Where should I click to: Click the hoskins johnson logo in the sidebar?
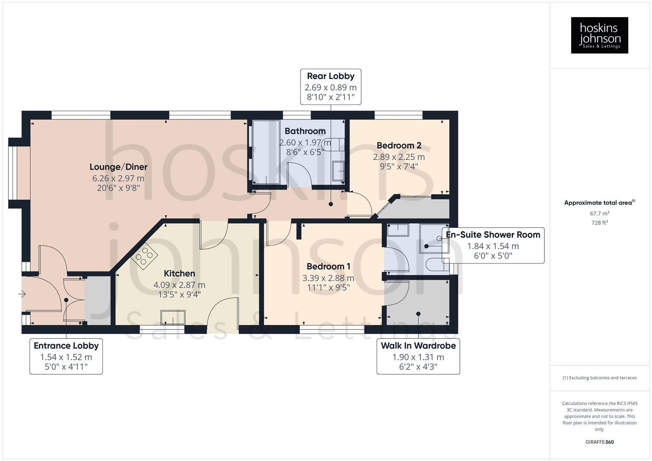pyautogui.click(x=599, y=35)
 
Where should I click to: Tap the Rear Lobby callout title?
pyautogui.click(x=330, y=76)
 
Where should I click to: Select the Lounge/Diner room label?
pyautogui.click(x=118, y=167)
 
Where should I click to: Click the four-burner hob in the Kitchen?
pyautogui.click(x=144, y=255)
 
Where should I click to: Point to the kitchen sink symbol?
pyautogui.click(x=173, y=318)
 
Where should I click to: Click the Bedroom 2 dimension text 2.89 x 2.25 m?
pyautogui.click(x=399, y=157)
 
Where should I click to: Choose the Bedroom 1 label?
pyautogui.click(x=328, y=266)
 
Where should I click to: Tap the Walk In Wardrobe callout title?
pyautogui.click(x=418, y=346)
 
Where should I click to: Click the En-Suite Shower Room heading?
pyautogui.click(x=493, y=234)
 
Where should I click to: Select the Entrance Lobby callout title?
pyautogui.click(x=66, y=346)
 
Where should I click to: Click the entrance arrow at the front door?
pyautogui.click(x=21, y=294)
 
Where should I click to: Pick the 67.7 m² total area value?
pyautogui.click(x=599, y=213)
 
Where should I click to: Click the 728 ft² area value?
pyautogui.click(x=599, y=223)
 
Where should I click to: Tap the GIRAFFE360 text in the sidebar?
pyautogui.click(x=599, y=442)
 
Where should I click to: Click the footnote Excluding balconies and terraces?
pyautogui.click(x=599, y=378)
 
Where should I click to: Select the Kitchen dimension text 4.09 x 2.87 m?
pyautogui.click(x=179, y=285)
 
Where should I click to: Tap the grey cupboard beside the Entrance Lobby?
pyautogui.click(x=97, y=300)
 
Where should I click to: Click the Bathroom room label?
pyautogui.click(x=305, y=131)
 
